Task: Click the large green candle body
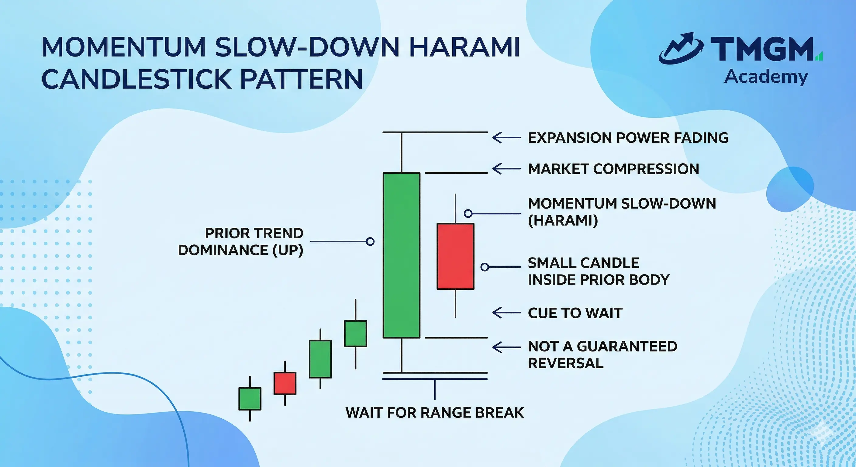(x=402, y=255)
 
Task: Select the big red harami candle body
(x=455, y=256)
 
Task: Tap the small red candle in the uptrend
(x=285, y=383)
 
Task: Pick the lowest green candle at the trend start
(x=250, y=399)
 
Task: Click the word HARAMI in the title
(x=464, y=47)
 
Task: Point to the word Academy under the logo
(x=766, y=77)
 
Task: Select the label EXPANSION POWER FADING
(x=628, y=138)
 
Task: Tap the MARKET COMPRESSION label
(x=613, y=169)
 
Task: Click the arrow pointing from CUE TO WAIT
(x=506, y=313)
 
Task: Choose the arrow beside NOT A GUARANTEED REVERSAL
(x=506, y=347)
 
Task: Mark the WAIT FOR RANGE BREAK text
(x=435, y=413)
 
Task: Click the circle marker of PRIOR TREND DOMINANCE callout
(x=370, y=242)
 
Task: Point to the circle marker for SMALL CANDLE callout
(x=485, y=267)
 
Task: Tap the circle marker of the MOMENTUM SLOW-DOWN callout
(x=468, y=213)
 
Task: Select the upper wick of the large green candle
(x=402, y=152)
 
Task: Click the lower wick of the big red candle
(x=455, y=303)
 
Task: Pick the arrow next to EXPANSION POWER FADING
(x=506, y=138)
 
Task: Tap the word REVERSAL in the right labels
(x=566, y=363)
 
